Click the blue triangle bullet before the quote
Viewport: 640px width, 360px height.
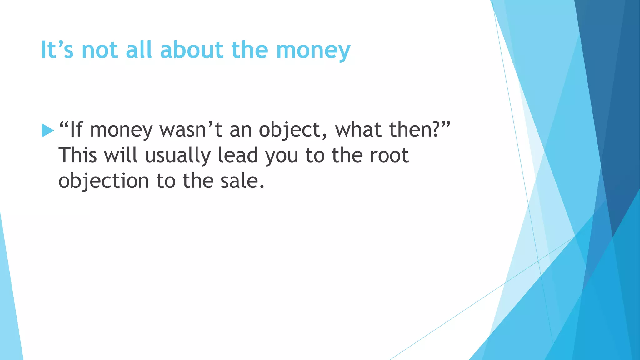pos(47,130)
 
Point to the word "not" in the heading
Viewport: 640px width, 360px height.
pos(100,50)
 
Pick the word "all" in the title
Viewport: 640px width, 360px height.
pos(138,50)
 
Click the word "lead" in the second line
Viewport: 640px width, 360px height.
pos(238,155)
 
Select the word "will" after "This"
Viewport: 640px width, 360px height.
pos(121,155)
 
